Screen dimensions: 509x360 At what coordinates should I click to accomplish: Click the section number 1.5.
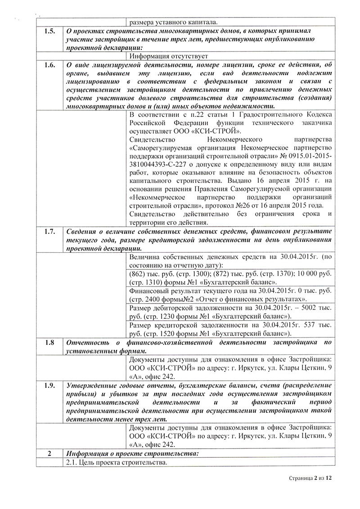(49, 31)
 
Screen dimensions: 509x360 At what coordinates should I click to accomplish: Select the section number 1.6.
(49, 65)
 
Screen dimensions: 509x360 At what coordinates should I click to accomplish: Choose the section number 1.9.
(49, 385)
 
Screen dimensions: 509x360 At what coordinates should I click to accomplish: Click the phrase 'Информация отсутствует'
(167, 56)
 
